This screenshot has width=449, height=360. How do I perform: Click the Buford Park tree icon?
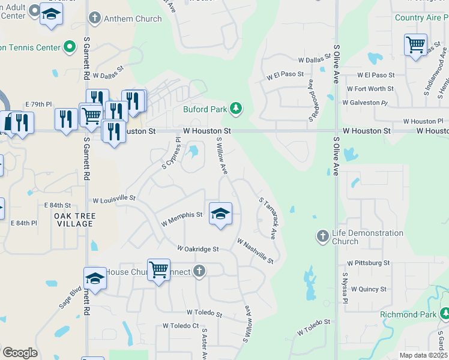[x=237, y=108]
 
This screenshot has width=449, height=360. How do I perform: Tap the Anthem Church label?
[x=133, y=19]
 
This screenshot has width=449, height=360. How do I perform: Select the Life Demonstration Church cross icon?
[x=323, y=236]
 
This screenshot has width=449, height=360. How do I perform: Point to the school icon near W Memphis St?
[x=220, y=214]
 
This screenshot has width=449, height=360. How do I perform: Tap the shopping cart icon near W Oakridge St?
[x=158, y=270]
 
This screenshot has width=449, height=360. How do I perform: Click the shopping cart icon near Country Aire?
[x=415, y=44]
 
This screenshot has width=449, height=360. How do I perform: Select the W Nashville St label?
[x=255, y=251]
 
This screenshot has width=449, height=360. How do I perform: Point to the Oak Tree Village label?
[x=74, y=220]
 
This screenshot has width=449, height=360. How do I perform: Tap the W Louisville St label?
[x=114, y=198]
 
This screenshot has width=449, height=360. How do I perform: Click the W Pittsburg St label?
[x=369, y=263]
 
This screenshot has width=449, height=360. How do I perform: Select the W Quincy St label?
[x=369, y=289]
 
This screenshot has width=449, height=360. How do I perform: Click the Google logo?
[x=19, y=353]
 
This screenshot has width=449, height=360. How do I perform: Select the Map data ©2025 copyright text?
[x=424, y=355]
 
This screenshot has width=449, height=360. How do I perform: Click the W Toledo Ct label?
[x=180, y=326]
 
